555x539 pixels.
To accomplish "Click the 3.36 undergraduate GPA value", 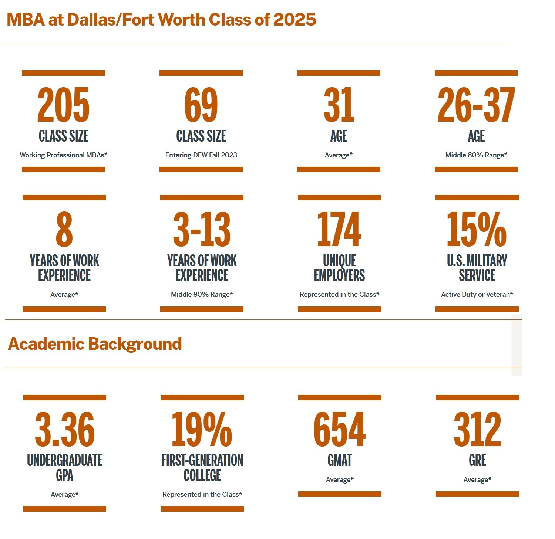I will (65, 429).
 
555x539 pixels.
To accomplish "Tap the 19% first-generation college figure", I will (202, 429).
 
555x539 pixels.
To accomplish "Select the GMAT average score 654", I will (340, 429).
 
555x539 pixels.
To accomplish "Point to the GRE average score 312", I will (477, 429).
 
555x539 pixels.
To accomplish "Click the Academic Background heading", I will (95, 344).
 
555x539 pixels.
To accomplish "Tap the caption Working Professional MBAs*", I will (63, 155).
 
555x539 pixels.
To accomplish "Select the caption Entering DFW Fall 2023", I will (201, 155).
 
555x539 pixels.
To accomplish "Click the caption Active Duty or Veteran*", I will (477, 294).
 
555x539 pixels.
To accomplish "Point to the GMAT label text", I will (340, 460).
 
